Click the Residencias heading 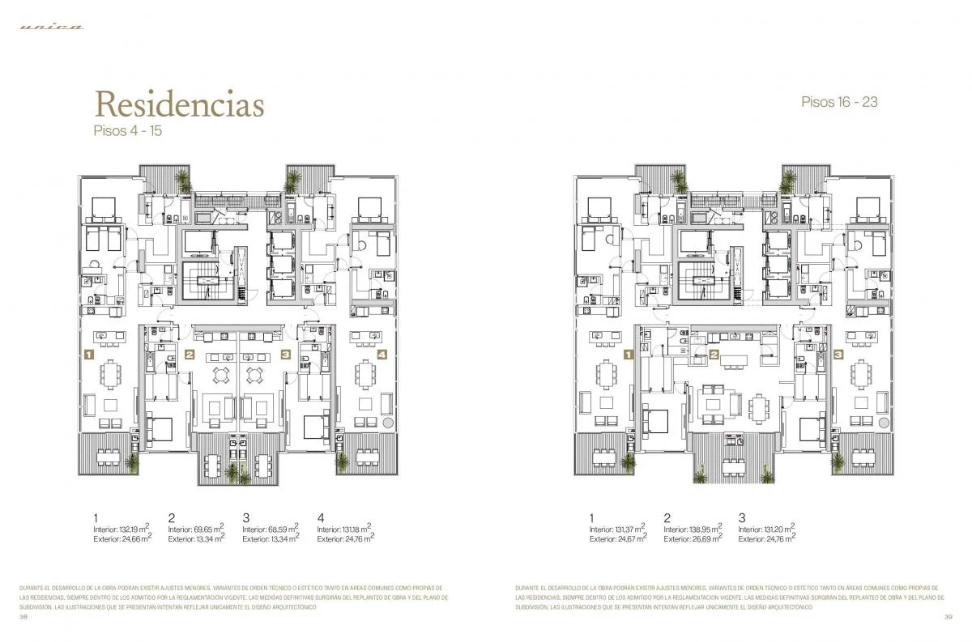click(179, 104)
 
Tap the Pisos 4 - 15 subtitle click(129, 130)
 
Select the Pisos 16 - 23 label click(839, 102)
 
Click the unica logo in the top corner click(52, 27)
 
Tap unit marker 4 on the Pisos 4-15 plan click(382, 354)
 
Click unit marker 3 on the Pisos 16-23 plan click(838, 354)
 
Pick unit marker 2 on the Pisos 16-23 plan click(714, 354)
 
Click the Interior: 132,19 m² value click(122, 529)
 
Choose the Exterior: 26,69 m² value click(693, 538)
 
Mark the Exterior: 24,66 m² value click(122, 538)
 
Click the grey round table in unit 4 click(387, 422)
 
